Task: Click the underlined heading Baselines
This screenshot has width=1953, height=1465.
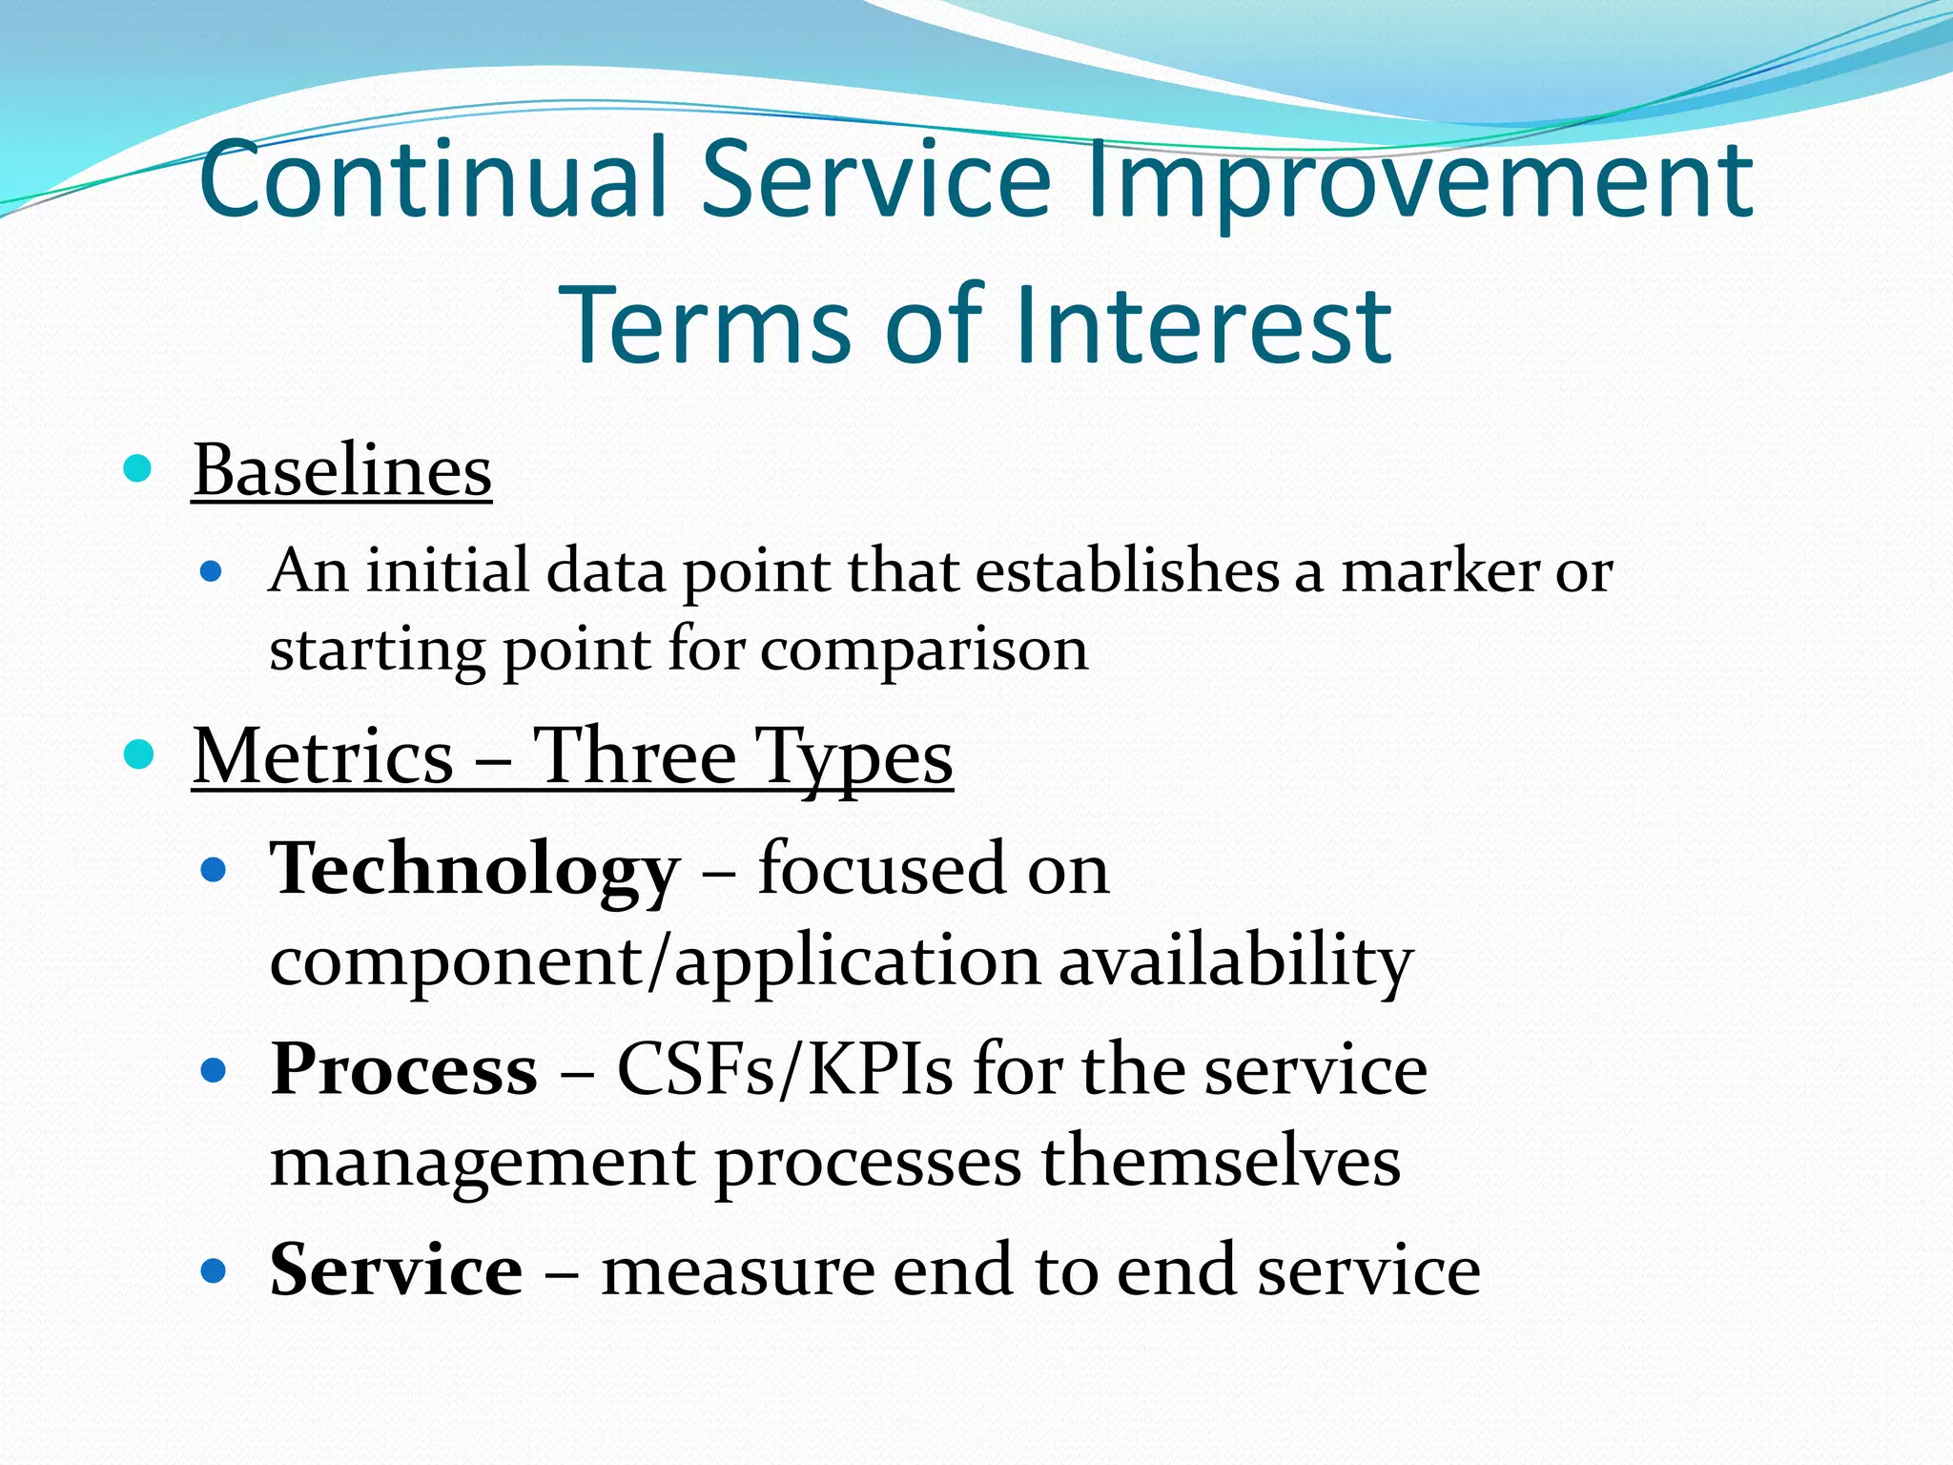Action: pyautogui.click(x=342, y=471)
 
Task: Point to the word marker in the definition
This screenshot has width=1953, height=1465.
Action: pyautogui.click(x=1439, y=572)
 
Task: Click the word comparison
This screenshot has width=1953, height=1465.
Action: pyautogui.click(x=924, y=650)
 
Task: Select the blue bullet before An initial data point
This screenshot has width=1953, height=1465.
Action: pyautogui.click(x=212, y=572)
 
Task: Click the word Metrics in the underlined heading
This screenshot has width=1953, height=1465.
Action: pyautogui.click(x=323, y=756)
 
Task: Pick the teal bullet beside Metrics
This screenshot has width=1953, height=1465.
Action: pyautogui.click(x=139, y=755)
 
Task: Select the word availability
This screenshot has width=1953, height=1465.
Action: pyautogui.click(x=1235, y=961)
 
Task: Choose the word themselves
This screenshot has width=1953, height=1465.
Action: pyautogui.click(x=1221, y=1162)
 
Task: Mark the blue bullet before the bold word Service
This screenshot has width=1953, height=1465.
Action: pyautogui.click(x=214, y=1271)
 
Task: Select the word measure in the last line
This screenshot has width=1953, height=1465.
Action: pyautogui.click(x=736, y=1271)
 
